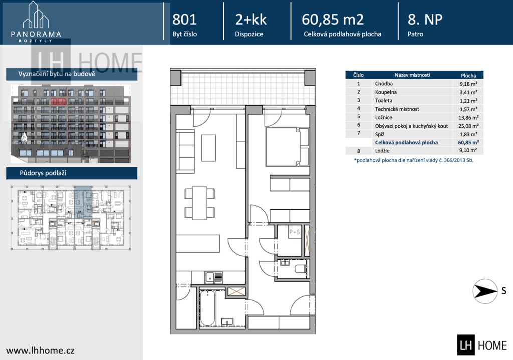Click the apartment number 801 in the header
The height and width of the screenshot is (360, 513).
click(x=184, y=20)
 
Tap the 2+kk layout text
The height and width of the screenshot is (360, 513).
click(x=251, y=20)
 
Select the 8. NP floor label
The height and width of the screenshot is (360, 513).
click(x=425, y=20)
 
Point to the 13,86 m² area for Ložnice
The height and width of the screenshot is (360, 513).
click(x=468, y=117)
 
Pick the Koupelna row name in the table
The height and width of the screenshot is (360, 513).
click(x=386, y=92)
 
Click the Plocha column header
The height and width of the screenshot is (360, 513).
click(x=468, y=75)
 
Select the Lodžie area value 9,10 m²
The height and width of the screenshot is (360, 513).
click(x=468, y=150)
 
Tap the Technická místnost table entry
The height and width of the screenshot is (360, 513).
click(x=397, y=109)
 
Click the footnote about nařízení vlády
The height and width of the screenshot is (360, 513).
click(x=413, y=160)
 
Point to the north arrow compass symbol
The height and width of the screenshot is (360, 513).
click(x=485, y=291)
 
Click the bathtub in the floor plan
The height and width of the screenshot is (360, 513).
click(x=207, y=308)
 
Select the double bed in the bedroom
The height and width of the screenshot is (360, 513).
click(x=287, y=147)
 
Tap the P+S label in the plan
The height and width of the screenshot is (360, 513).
click(x=294, y=232)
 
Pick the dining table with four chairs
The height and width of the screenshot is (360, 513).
click(x=199, y=203)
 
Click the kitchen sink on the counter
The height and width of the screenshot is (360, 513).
click(x=214, y=278)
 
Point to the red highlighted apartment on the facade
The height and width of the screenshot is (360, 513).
click(x=58, y=101)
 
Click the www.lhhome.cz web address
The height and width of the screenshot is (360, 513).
click(x=40, y=351)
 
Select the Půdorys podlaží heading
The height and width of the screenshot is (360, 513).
click(x=43, y=173)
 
